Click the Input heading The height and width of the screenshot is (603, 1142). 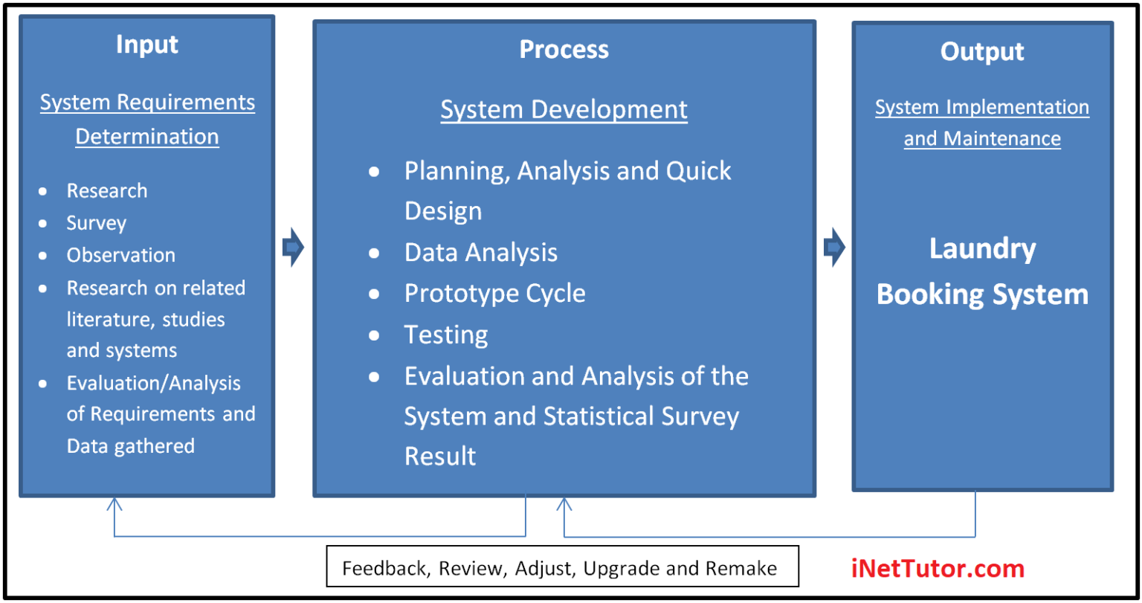pyautogui.click(x=147, y=45)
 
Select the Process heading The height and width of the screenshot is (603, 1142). pyautogui.click(x=564, y=49)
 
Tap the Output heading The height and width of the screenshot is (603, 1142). pyautogui.click(x=981, y=51)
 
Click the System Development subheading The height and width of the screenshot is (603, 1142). pyautogui.click(x=564, y=109)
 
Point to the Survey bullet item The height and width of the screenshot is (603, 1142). pyautogui.click(x=97, y=223)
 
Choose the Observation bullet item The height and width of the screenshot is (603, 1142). pyautogui.click(x=121, y=255)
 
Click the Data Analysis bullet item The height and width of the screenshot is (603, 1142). pyautogui.click(x=480, y=253)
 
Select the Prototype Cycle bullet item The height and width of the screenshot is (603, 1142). pyautogui.click(x=494, y=293)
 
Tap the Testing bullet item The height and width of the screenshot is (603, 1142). pyautogui.click(x=446, y=335)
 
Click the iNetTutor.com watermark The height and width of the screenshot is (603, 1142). pyautogui.click(x=938, y=569)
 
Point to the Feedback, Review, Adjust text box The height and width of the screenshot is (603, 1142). pyautogui.click(x=562, y=569)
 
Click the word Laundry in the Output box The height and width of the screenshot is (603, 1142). pyautogui.click(x=981, y=249)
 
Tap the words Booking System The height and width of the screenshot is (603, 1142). pyautogui.click(x=981, y=294)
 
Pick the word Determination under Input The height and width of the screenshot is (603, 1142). pyautogui.click(x=147, y=137)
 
